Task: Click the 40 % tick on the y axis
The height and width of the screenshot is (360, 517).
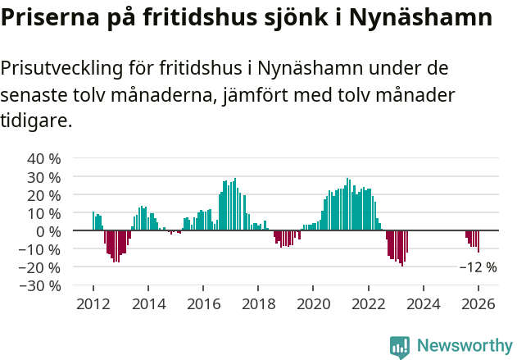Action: point(44,158)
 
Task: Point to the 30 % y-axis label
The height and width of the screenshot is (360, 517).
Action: point(44,176)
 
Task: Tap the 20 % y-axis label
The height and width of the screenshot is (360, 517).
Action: point(44,194)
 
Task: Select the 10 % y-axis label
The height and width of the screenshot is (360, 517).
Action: point(44,212)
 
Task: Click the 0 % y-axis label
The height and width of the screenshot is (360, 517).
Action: point(48,231)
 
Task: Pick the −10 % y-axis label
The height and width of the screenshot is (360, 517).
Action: point(41,249)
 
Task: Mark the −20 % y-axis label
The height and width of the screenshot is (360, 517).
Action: point(41,267)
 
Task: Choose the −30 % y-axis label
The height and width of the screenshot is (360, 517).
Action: point(41,285)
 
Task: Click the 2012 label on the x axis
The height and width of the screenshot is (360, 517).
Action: point(93,304)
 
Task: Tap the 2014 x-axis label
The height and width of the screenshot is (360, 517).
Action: point(148,304)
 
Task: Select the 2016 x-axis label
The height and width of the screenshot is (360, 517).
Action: point(203,304)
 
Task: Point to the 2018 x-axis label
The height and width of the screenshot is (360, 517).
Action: point(258,304)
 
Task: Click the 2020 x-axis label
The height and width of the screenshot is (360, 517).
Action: point(313,304)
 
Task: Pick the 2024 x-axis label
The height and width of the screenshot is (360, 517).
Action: point(424,304)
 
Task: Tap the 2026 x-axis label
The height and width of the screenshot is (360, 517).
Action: point(478,304)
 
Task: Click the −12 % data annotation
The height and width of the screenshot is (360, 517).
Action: point(478,267)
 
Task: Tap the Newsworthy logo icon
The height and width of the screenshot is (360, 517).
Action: point(400,347)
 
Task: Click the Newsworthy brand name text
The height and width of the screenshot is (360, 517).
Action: point(465,346)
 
